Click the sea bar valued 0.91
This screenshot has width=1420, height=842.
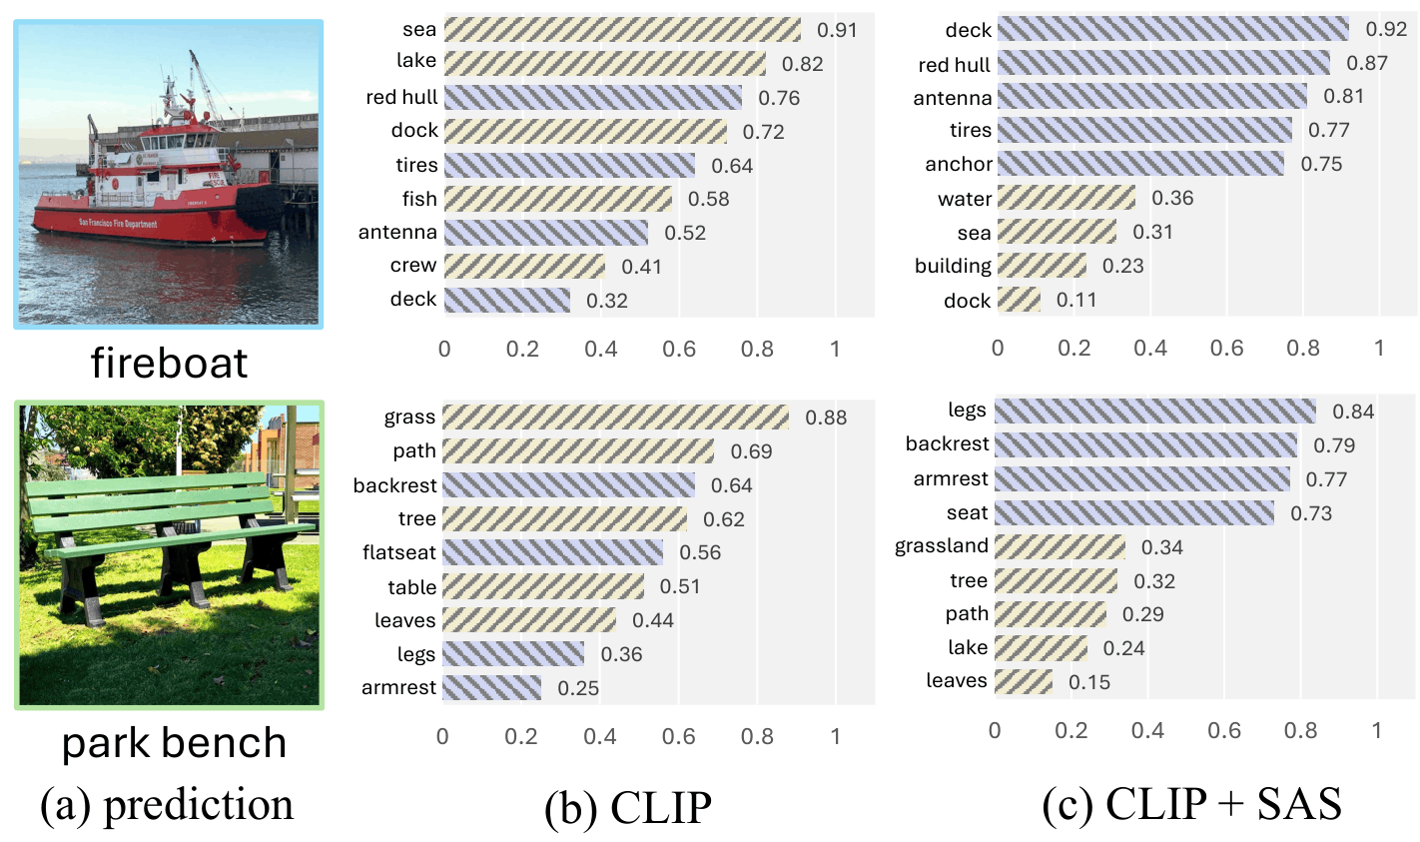point(622,30)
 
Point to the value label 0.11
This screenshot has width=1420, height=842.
point(1075,301)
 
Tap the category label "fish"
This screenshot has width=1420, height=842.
point(419,199)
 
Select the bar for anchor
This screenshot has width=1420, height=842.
point(1140,164)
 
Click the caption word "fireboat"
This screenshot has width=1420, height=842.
point(169,363)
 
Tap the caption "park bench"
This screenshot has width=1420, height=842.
point(174,743)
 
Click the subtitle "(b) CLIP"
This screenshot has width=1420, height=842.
point(627,807)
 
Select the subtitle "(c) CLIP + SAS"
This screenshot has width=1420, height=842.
point(1191,805)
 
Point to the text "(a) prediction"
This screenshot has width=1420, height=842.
point(167,805)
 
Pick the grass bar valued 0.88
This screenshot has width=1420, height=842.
point(615,418)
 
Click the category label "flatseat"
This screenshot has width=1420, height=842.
point(399,552)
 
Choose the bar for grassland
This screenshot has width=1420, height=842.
point(1060,546)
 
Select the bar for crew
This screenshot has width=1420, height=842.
point(524,266)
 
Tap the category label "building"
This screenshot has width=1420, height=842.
point(953,266)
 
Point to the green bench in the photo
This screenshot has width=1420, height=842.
point(160,519)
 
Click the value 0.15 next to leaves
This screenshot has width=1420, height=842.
point(1088,682)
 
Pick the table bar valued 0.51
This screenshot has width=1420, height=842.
point(543,586)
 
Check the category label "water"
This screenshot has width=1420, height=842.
point(964,199)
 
